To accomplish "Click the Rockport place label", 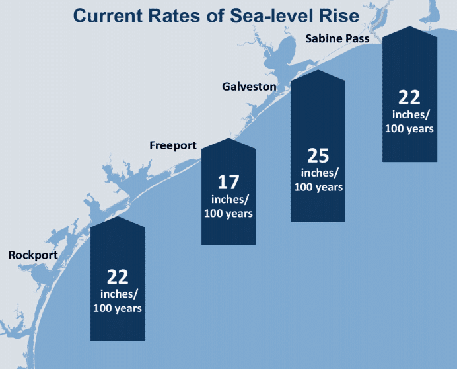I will click(32, 255).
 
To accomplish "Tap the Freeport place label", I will click(173, 145).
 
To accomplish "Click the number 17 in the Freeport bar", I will click(228, 183).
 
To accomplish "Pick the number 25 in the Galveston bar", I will click(318, 156).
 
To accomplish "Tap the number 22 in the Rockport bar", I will click(117, 276).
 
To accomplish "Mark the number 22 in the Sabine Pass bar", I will click(409, 98).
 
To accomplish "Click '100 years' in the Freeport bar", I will click(228, 214).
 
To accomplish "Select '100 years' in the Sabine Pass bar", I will click(409, 128).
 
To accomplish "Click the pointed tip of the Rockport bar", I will click(117, 216).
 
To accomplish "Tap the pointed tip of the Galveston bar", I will click(318, 71).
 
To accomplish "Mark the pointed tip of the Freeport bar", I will click(228, 139).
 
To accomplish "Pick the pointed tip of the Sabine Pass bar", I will click(409, 27).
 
